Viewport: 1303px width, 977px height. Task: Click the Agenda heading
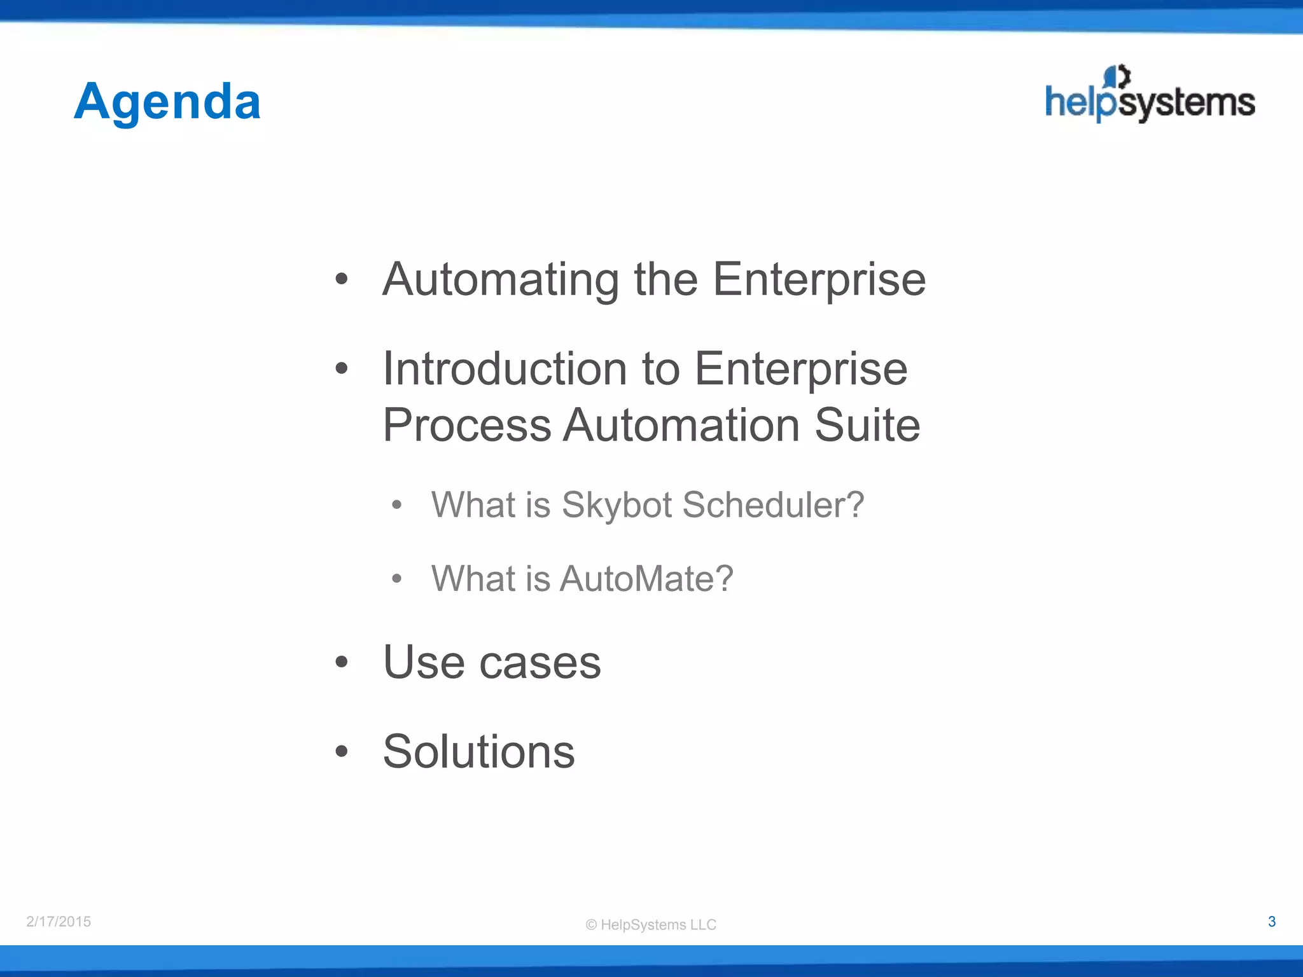(x=167, y=102)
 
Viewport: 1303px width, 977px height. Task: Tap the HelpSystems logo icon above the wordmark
(x=1117, y=77)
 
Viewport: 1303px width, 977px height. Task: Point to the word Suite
(x=867, y=425)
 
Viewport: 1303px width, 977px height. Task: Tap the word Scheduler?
(x=773, y=505)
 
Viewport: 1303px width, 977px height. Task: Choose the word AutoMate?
(x=646, y=579)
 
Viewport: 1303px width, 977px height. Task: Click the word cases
(x=540, y=663)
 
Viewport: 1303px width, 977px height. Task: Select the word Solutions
(x=478, y=752)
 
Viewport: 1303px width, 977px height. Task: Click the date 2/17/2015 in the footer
(x=59, y=922)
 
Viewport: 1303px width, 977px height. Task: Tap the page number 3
(x=1271, y=922)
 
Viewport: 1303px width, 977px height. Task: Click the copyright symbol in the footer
(x=591, y=925)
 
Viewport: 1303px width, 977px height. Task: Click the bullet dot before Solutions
(x=342, y=752)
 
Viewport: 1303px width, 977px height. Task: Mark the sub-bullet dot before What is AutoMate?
(x=397, y=579)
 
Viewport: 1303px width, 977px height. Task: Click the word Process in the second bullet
(x=467, y=425)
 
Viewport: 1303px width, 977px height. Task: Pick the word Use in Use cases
(x=424, y=663)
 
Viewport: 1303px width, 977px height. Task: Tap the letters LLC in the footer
(x=702, y=925)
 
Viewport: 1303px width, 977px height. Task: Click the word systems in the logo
(x=1187, y=103)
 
